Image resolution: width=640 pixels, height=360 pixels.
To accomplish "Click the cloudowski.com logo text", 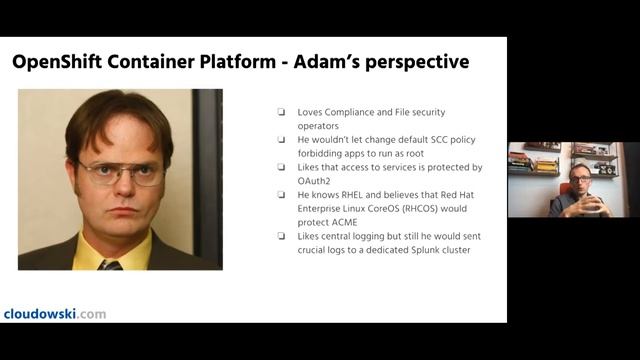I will click(x=55, y=313).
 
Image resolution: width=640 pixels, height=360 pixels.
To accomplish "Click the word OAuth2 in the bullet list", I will click(x=315, y=181).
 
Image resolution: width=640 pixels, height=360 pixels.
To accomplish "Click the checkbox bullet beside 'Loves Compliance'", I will click(x=282, y=112).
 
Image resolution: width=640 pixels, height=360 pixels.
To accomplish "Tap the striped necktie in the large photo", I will click(x=111, y=264).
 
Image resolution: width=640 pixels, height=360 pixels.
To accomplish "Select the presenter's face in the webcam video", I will click(x=580, y=179).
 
